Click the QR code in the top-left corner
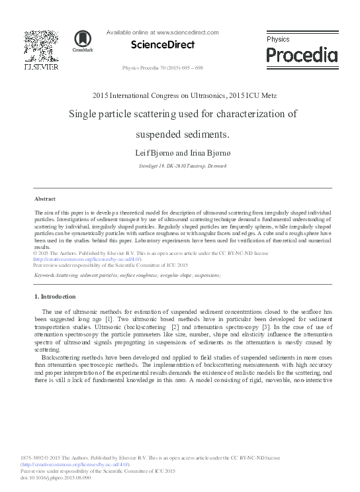pyautogui.click(x=41, y=45)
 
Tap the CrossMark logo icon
pyautogui.click(x=83, y=42)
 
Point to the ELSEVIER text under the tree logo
pyautogui.click(x=41, y=68)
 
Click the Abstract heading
pyautogui.click(x=44, y=199)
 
